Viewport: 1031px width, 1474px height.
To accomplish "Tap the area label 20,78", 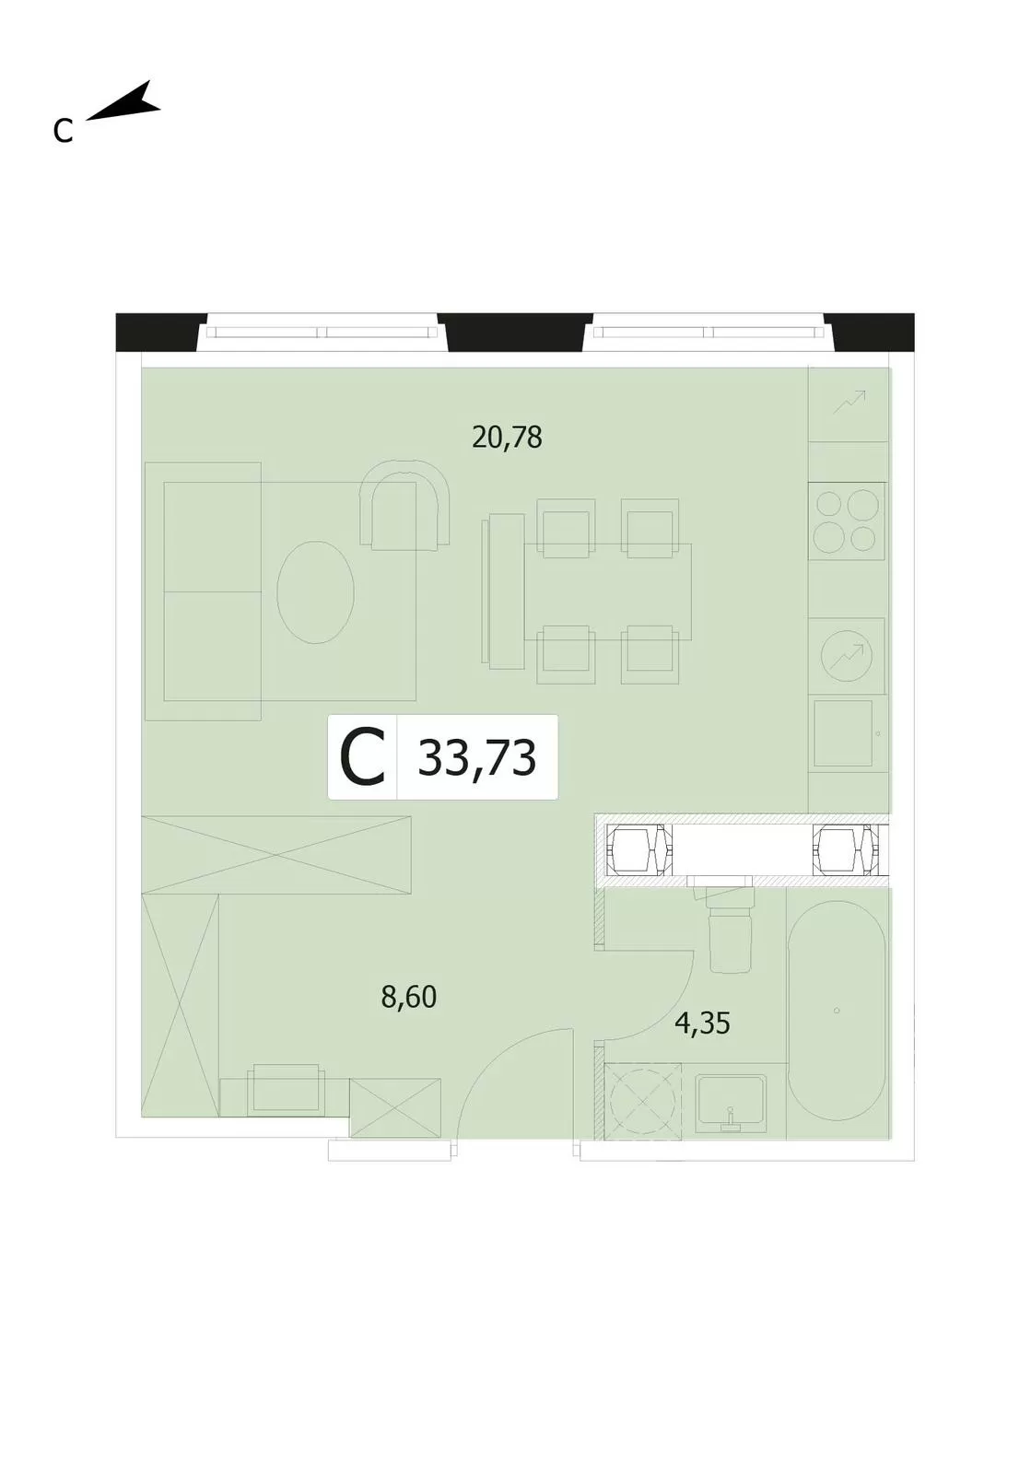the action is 507,438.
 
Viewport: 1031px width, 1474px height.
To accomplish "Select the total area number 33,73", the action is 477,757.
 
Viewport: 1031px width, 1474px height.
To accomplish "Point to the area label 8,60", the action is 408,998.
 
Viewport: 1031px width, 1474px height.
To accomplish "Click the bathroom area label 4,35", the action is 703,1024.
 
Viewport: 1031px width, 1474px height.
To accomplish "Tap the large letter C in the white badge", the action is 362,757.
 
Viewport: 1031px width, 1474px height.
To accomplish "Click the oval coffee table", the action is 315,591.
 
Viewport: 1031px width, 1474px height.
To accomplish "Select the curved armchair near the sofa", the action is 404,503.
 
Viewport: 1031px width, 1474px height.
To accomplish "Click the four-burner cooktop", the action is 847,521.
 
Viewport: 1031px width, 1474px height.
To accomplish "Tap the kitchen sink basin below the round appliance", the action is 843,733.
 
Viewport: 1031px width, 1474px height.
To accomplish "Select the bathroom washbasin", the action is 731,1104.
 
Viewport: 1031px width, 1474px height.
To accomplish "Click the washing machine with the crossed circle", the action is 643,1101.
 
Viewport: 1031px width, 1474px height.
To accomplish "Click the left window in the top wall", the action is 322,333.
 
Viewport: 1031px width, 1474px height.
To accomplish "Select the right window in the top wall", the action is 709,333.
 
